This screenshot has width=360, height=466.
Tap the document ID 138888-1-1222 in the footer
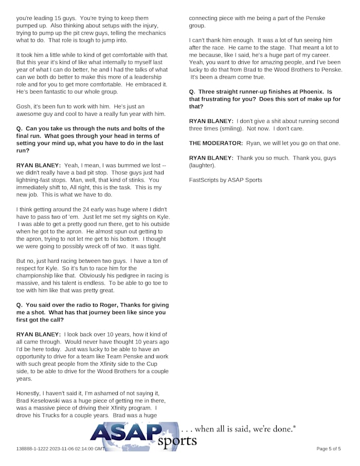point(34,449)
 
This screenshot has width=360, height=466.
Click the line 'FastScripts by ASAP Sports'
point(225,180)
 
